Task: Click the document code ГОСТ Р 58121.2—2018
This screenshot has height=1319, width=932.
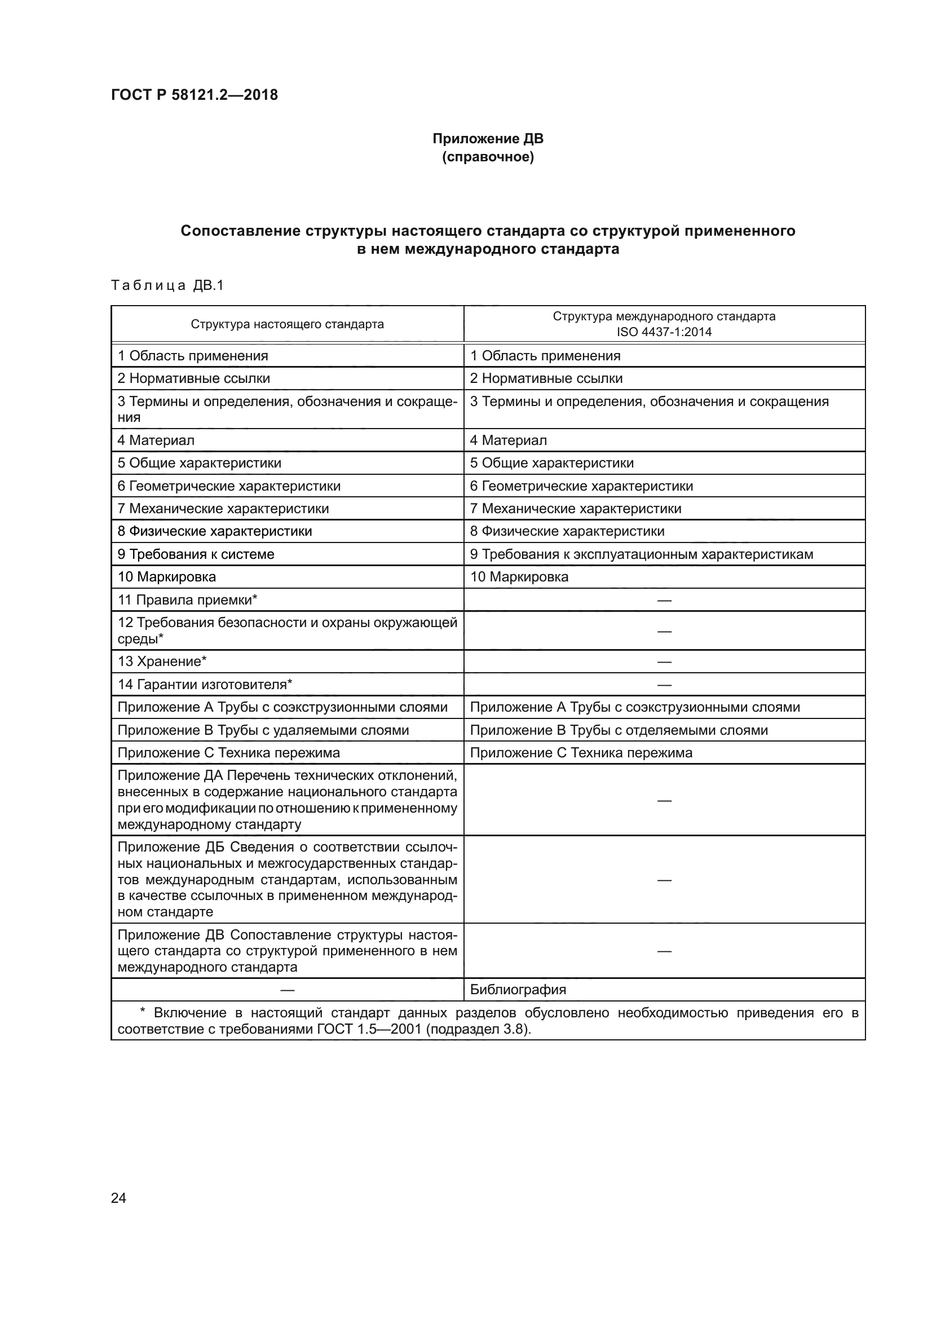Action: pyautogui.click(x=194, y=95)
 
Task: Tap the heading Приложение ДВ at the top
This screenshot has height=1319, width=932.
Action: pyautogui.click(x=488, y=139)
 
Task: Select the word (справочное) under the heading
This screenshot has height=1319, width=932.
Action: pyautogui.click(x=488, y=157)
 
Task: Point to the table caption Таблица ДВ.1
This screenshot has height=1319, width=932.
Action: pyautogui.click(x=166, y=285)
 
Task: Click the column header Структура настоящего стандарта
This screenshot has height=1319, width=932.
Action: pyautogui.click(x=287, y=324)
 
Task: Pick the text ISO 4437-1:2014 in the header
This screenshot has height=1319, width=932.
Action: pyautogui.click(x=664, y=332)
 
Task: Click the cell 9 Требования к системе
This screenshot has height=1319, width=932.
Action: pyautogui.click(x=196, y=554)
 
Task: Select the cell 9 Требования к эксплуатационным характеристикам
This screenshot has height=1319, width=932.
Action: pyautogui.click(x=642, y=554)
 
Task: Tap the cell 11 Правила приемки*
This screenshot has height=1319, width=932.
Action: pyautogui.click(x=187, y=600)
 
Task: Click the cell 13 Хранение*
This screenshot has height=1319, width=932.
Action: pyautogui.click(x=162, y=661)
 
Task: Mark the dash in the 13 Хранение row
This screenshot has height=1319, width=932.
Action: pyautogui.click(x=664, y=662)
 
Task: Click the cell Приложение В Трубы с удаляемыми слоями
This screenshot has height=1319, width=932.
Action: pyautogui.click(x=263, y=730)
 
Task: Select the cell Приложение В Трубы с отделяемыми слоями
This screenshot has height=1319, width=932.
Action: pyautogui.click(x=619, y=730)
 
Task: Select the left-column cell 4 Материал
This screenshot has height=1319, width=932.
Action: pyautogui.click(x=156, y=440)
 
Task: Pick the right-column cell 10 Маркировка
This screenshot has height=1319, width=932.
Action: pyautogui.click(x=519, y=577)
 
